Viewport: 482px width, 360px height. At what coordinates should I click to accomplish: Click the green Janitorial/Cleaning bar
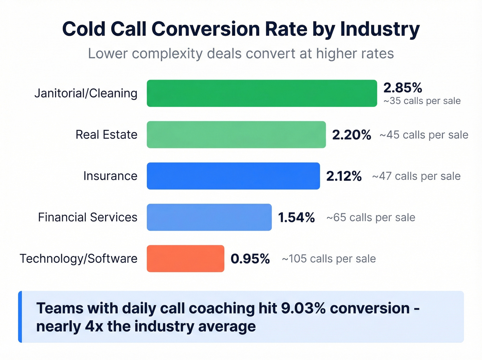coord(262,93)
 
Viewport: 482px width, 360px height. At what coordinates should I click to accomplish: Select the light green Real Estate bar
coord(236,135)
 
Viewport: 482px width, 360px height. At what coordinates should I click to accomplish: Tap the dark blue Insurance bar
coord(233,176)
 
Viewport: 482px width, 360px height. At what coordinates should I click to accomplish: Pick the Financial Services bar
coord(209,217)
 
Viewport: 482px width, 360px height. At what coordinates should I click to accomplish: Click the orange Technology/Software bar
coord(185,259)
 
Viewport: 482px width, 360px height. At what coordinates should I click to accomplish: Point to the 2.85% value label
coord(402,88)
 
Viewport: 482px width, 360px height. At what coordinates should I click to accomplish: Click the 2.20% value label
coord(352,135)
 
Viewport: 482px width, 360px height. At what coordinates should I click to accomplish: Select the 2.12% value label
coord(344,176)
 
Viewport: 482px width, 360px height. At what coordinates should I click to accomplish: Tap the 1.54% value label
coord(296,217)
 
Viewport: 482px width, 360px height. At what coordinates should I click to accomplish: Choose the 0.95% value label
coord(250,259)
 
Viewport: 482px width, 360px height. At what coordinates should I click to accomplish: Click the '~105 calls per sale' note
coord(328,259)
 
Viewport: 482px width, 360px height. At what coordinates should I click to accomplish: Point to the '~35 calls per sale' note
coord(422,101)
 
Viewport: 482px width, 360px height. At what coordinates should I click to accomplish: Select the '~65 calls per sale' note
coord(370,217)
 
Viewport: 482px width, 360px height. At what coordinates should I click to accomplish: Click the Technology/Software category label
coord(78,259)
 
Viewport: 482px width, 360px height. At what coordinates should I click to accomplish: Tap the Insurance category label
coord(110,176)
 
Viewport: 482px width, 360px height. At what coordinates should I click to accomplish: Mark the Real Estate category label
coord(106,135)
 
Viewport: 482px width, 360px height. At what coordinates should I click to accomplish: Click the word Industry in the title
coord(380,29)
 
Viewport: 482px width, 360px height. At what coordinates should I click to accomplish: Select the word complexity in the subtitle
coord(167,54)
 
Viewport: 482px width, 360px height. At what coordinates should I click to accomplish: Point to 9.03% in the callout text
coord(303,308)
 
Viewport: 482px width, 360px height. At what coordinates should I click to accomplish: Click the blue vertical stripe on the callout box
coord(20,317)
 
